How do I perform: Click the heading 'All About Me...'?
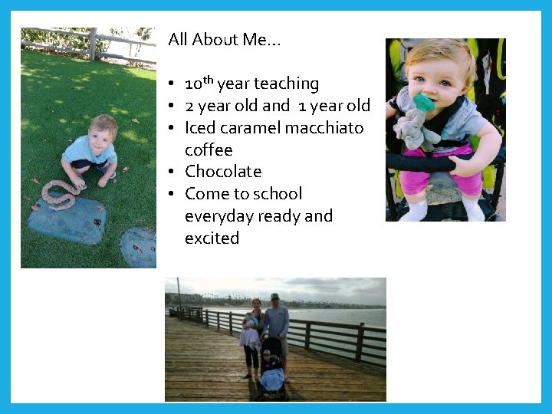225,40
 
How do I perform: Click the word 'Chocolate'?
223,172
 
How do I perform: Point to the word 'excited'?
212,238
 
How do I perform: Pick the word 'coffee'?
209,150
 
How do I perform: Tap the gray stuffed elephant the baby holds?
418,127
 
